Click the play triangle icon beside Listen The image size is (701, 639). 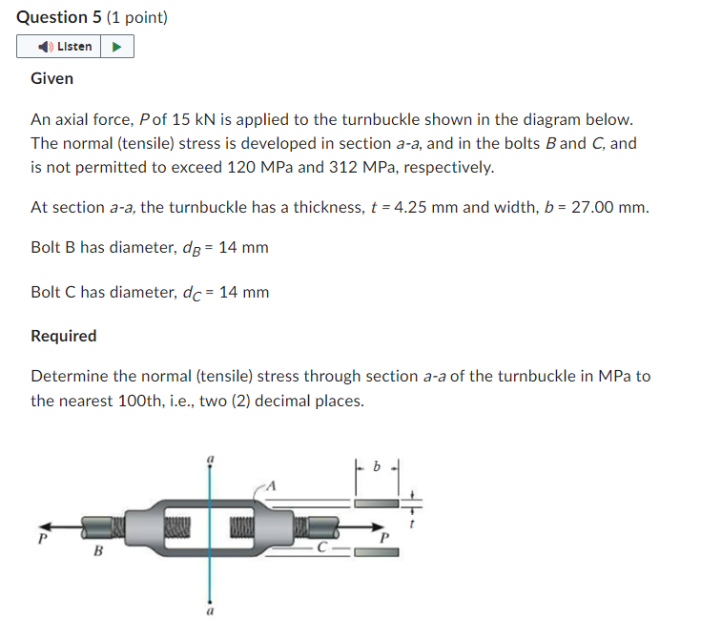[x=116, y=46]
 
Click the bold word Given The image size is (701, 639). [x=52, y=78]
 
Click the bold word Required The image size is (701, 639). [x=63, y=336]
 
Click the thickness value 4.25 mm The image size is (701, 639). [x=423, y=207]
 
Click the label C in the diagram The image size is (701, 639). [x=322, y=547]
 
